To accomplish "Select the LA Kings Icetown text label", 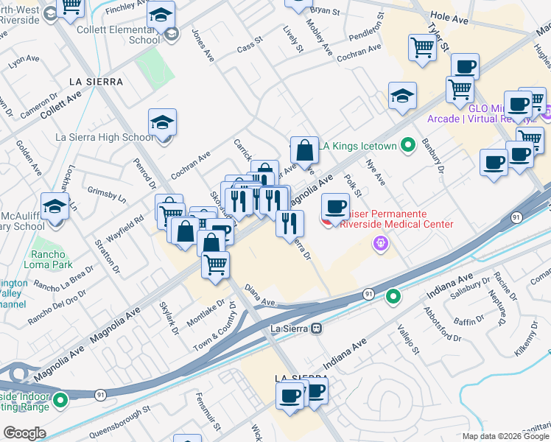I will coord(359,146).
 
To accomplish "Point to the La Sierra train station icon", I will coord(316,328).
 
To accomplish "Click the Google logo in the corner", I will coord(24,433).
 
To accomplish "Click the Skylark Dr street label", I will coord(169,318).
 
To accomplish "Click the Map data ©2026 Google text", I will coord(505,436).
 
